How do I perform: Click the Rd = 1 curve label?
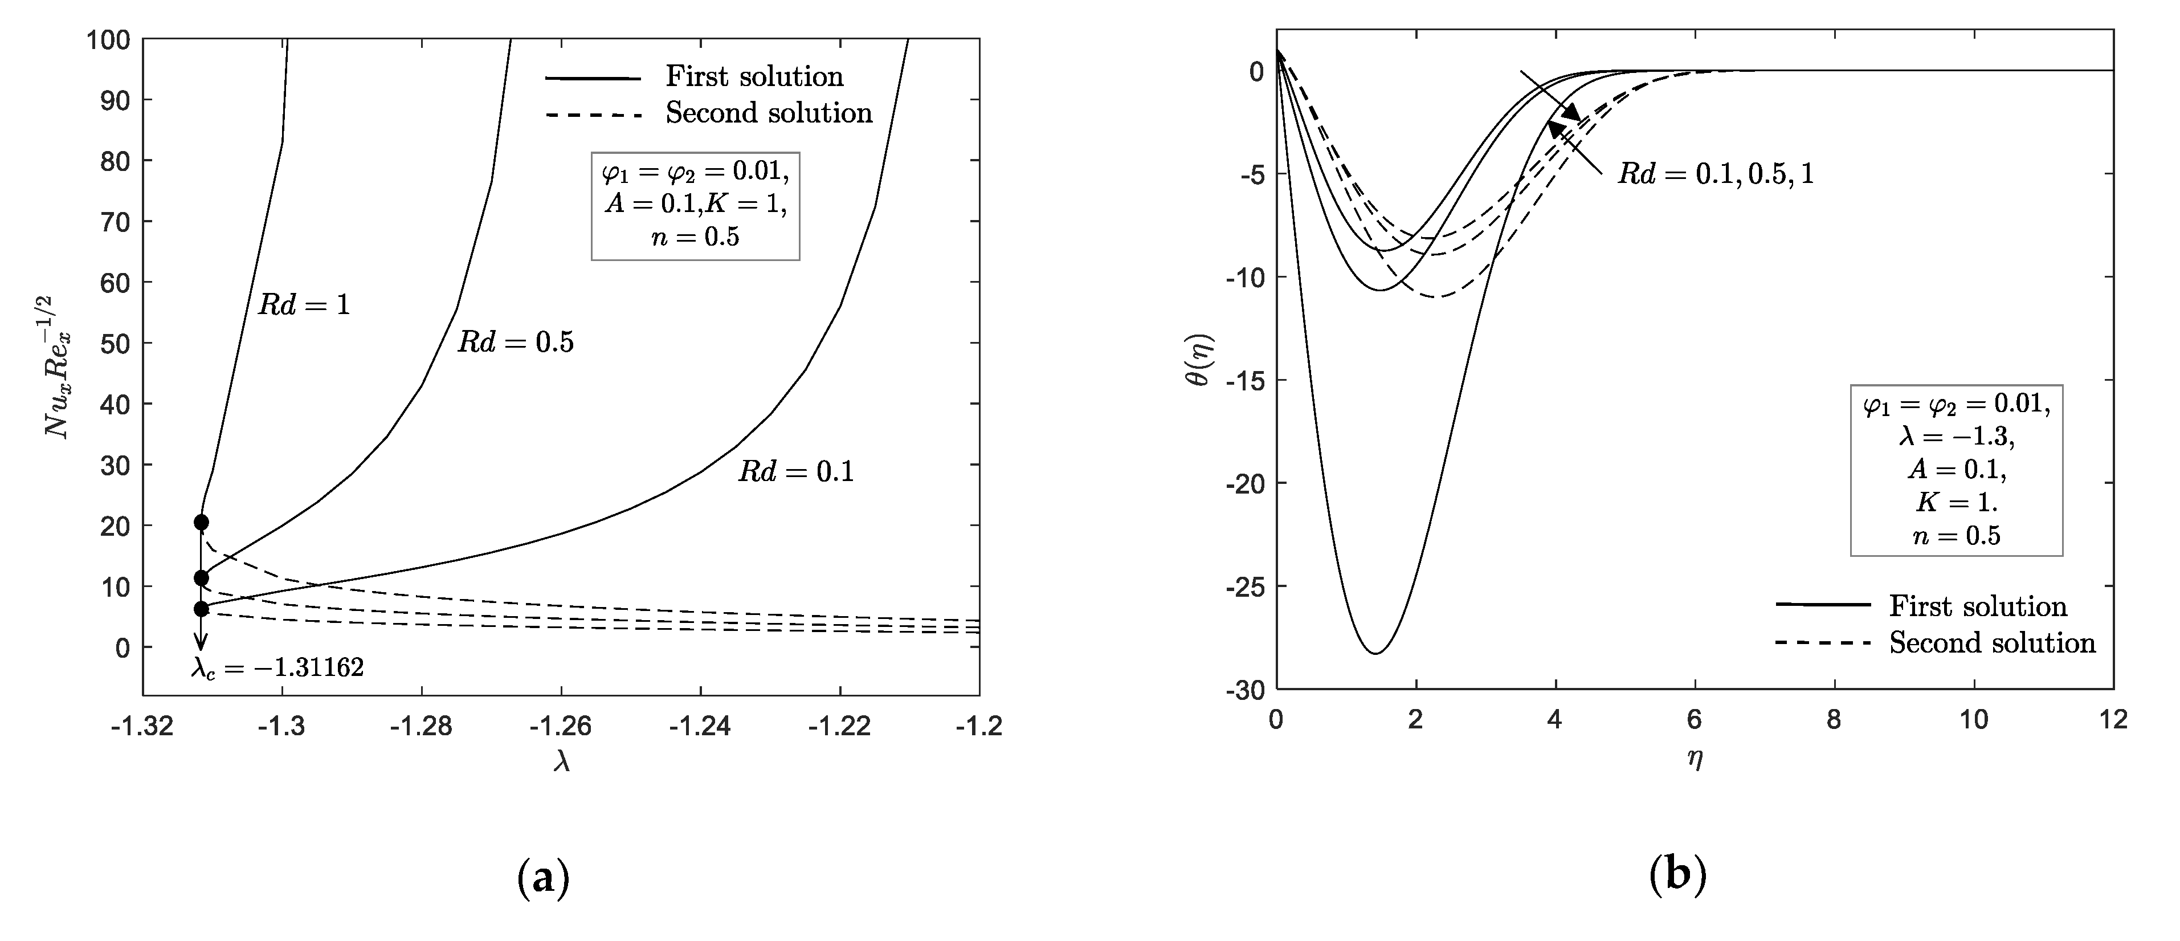click(x=304, y=304)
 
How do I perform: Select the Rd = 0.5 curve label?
click(x=516, y=342)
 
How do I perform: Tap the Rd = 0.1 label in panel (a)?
click(x=795, y=471)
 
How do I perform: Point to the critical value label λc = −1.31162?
click(x=277, y=669)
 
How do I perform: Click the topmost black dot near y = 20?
click(x=201, y=522)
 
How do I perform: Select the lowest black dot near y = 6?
click(x=201, y=609)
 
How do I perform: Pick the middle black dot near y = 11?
click(x=201, y=578)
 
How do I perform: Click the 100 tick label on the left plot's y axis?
click(x=108, y=40)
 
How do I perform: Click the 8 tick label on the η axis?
click(x=1835, y=720)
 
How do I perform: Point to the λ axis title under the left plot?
click(x=561, y=763)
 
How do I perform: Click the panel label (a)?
click(x=542, y=879)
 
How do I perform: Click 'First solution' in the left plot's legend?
click(x=754, y=77)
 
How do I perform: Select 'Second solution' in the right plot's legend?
click(x=1992, y=643)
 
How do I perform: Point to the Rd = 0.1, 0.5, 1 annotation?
click(x=1716, y=174)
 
